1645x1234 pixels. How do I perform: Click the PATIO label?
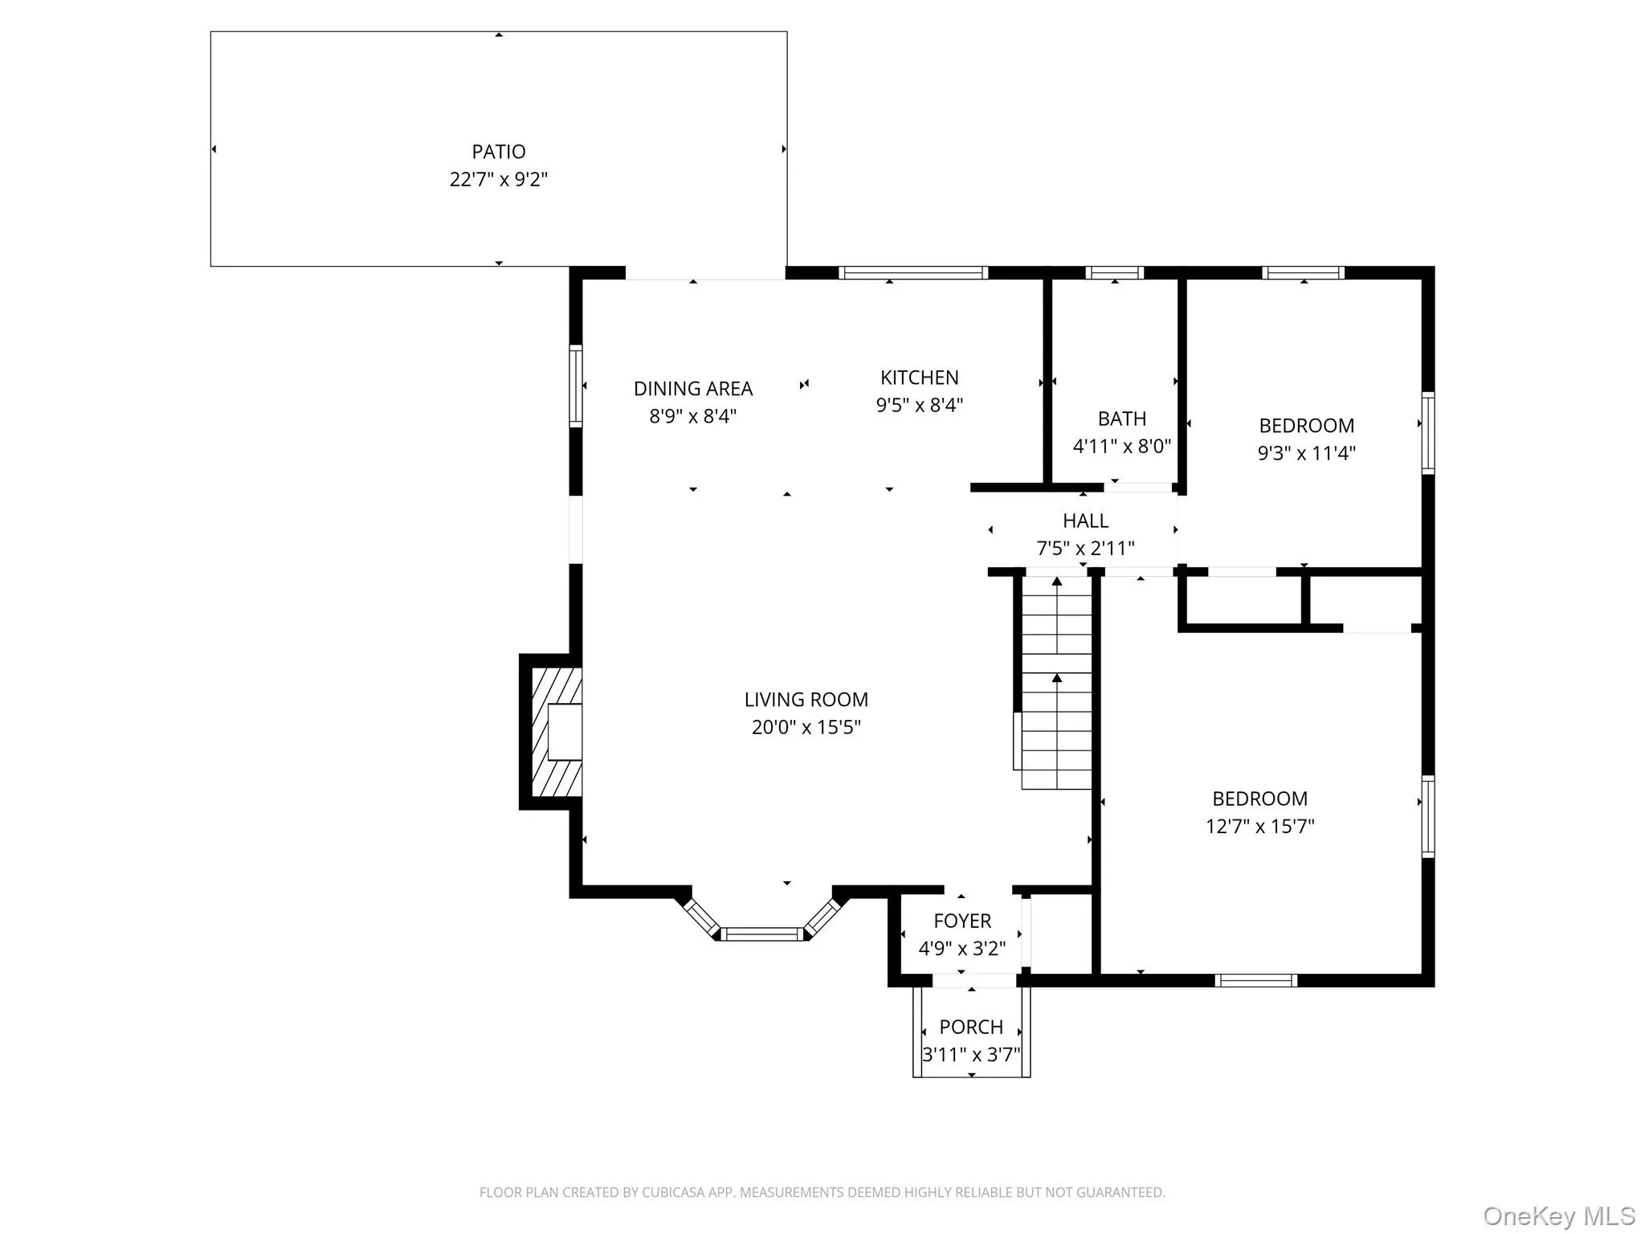tap(498, 152)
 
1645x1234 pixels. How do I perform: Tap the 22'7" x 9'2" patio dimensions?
tap(498, 179)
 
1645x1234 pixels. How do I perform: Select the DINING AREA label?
tap(692, 389)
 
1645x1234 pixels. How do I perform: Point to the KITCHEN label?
tap(919, 378)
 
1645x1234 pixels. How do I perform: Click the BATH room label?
tap(1121, 419)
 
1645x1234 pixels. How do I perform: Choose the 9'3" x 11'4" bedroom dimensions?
tap(1306, 453)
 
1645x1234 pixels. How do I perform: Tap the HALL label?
tap(1085, 521)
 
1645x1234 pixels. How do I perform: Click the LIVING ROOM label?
tap(806, 700)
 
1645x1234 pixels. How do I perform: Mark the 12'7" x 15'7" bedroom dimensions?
tap(1259, 826)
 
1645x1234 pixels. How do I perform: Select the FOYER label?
tap(961, 921)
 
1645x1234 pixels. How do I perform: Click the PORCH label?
tap(970, 1027)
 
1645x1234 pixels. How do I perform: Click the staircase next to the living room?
tap(1056, 683)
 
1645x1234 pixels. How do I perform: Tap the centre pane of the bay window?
tap(761, 934)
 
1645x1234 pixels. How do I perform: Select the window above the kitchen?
tap(913, 273)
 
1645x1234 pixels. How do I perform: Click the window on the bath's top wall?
tap(1114, 273)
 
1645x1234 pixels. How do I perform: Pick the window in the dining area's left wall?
tap(575, 386)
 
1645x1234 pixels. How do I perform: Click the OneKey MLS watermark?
tap(1558, 1216)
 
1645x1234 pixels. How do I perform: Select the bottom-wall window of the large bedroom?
tap(1255, 980)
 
